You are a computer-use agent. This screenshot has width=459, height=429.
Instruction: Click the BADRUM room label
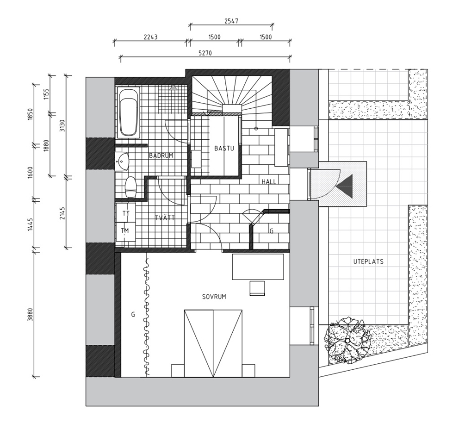pyautogui.click(x=161, y=155)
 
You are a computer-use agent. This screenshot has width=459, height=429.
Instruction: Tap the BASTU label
pyautogui.click(x=224, y=148)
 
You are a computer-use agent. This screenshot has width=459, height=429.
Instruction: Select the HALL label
pyautogui.click(x=269, y=181)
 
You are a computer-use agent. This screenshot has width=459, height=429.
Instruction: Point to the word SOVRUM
pyautogui.click(x=214, y=297)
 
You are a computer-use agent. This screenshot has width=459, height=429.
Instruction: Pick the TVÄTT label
pyautogui.click(x=165, y=218)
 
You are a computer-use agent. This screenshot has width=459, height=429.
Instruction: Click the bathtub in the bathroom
pyautogui.click(x=128, y=112)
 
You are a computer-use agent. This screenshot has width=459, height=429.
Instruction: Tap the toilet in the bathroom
pyautogui.click(x=130, y=187)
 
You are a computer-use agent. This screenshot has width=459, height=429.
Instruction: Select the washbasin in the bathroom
pyautogui.click(x=122, y=161)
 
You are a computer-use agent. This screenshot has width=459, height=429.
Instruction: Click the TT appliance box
pyautogui.click(x=126, y=213)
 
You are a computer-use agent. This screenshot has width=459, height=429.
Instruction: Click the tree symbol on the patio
pyautogui.click(x=347, y=341)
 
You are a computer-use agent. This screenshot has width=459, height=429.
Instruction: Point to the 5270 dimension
pyautogui.click(x=205, y=53)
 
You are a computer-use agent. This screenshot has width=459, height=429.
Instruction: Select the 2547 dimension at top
pyautogui.click(x=231, y=21)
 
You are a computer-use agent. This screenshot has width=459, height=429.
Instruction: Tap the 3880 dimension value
pyautogui.click(x=30, y=314)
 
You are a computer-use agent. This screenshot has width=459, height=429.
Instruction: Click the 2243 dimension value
pyautogui.click(x=151, y=37)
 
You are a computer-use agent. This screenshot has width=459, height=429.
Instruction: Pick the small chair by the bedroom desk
pyautogui.click(x=257, y=288)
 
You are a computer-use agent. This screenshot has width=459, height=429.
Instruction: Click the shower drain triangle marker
pyautogui.click(x=174, y=87)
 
